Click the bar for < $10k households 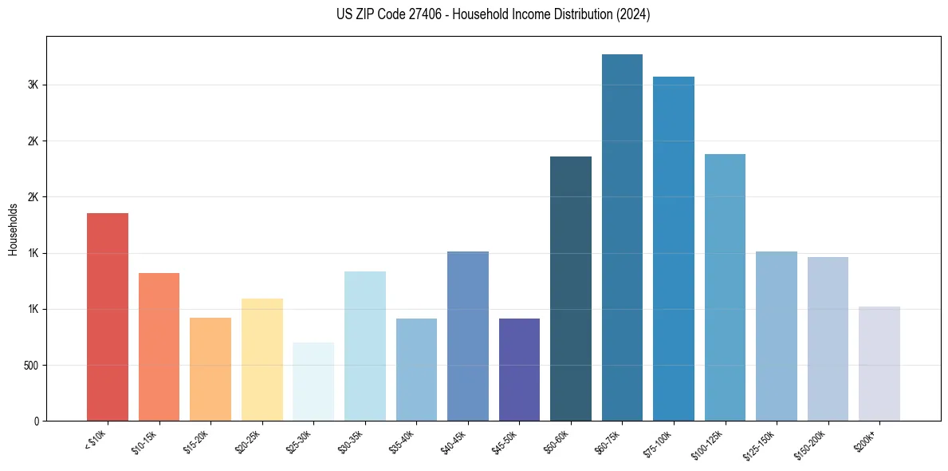click(108, 317)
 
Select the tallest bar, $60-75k click(622, 238)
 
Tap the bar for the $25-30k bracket click(313, 382)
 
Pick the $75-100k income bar click(673, 249)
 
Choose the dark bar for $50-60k click(571, 289)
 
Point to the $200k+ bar click(879, 364)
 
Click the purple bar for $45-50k click(519, 370)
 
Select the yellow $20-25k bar click(262, 360)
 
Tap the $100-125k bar click(725, 287)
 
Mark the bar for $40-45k click(468, 336)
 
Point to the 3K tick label click(34, 85)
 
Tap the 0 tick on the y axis click(37, 422)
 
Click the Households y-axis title click(14, 229)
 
